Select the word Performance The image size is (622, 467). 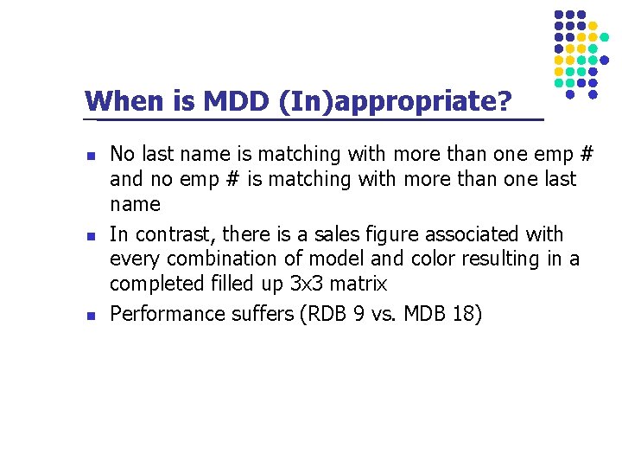(167, 314)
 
